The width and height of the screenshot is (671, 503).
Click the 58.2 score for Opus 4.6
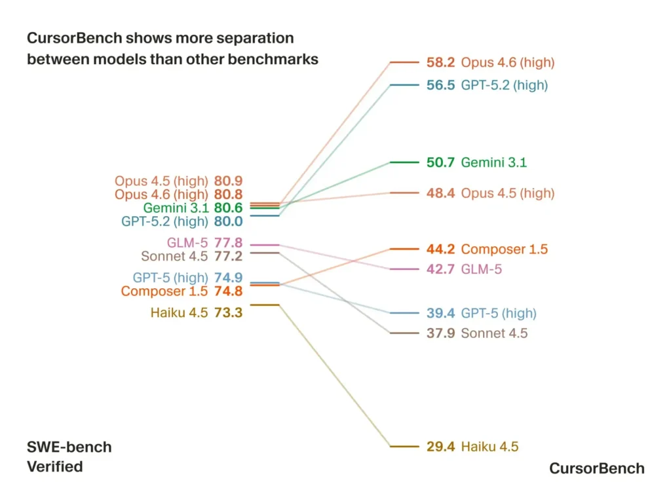[x=440, y=63]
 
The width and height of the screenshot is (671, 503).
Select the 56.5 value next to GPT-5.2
[x=440, y=85]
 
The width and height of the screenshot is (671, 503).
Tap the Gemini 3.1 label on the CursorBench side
[x=493, y=162]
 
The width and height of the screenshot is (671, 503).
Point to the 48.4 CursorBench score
[x=440, y=193]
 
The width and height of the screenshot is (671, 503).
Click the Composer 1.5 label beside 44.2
[x=504, y=250]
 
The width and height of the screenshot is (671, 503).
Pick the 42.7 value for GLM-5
[x=440, y=269]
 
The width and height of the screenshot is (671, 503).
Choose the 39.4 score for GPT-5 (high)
[x=440, y=313]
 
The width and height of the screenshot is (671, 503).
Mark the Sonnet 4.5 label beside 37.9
[x=494, y=333]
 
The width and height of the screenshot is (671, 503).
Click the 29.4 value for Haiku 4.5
[x=440, y=447]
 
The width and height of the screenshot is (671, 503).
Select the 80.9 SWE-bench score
[x=228, y=181]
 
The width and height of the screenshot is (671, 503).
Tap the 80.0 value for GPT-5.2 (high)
[x=228, y=221]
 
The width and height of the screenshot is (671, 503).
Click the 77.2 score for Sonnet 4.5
[x=228, y=256]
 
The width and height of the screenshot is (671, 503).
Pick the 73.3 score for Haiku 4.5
[x=228, y=313]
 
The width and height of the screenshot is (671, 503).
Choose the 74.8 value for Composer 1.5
[x=228, y=291]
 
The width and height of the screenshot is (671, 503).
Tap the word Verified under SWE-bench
[x=54, y=466]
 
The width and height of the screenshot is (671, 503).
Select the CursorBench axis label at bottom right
[x=596, y=468]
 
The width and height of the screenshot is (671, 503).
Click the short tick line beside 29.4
[x=404, y=447]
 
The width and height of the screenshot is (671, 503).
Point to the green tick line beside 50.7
[x=404, y=162]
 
